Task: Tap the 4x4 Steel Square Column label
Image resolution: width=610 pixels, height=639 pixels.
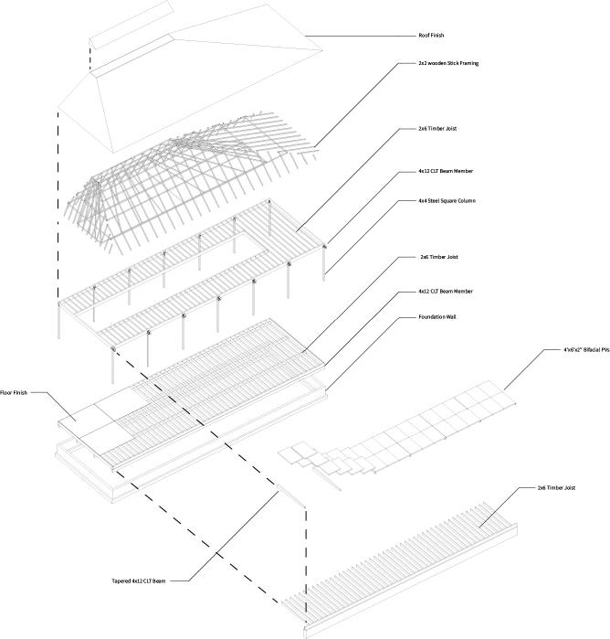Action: pos(446,200)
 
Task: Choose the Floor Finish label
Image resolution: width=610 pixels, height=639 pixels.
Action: pos(16,392)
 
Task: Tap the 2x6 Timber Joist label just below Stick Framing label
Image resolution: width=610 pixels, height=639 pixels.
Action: pos(437,129)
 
